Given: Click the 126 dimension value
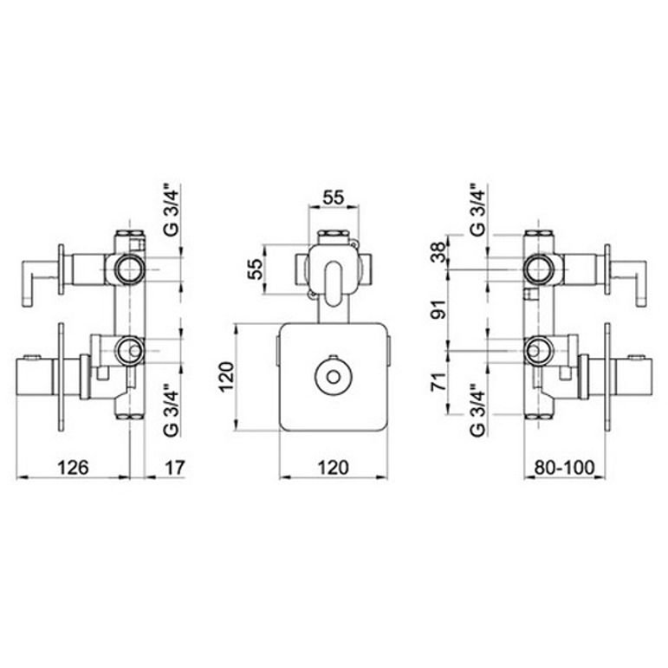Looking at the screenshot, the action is point(74,467).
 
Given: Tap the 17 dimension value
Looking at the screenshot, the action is point(175,467).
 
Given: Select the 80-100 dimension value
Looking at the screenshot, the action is point(565,467).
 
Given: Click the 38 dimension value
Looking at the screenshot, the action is point(438,252).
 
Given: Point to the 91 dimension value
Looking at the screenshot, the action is point(438,309).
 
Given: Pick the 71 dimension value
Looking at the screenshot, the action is point(438,381).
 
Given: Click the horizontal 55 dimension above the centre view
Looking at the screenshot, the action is point(334,198).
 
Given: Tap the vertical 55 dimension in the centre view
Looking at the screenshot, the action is point(256,269).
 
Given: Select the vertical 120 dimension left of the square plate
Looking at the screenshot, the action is point(226,377).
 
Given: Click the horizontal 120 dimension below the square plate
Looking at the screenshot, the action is point(334,467).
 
